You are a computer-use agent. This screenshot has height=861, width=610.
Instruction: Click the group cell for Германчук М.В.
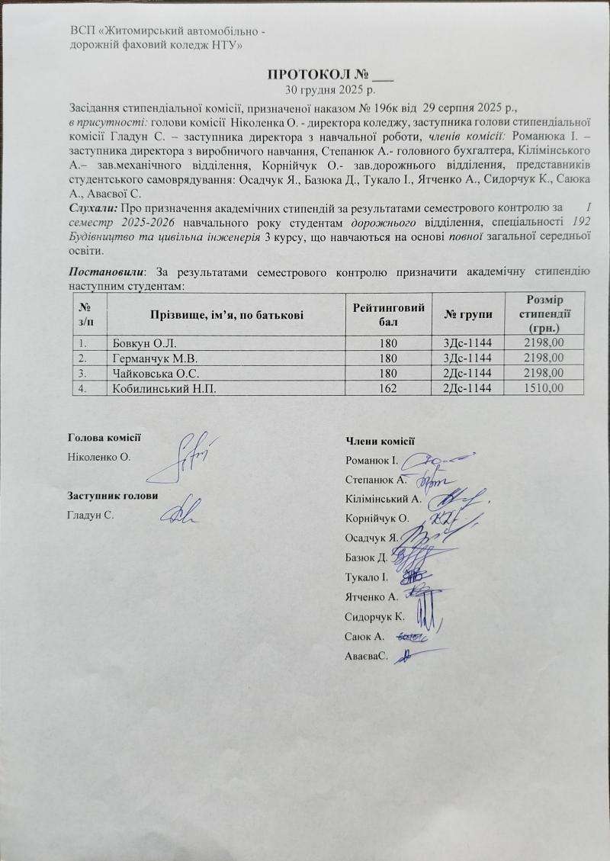coord(468,358)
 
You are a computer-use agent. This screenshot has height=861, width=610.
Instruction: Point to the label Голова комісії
coord(104,438)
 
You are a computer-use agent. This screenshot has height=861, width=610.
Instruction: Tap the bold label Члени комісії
coord(380,440)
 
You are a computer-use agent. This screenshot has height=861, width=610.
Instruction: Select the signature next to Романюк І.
coord(432,461)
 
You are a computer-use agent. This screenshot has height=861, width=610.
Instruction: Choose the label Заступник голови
coord(113,496)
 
